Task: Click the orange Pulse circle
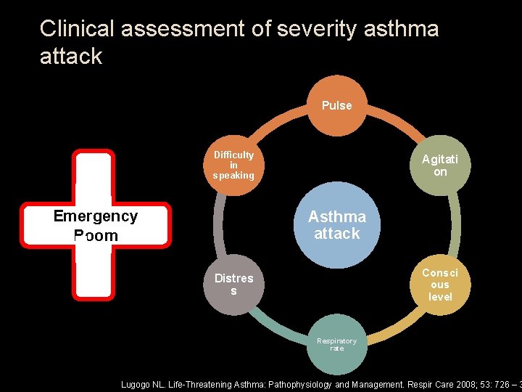[336, 105]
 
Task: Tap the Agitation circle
[440, 166]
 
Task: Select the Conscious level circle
[440, 285]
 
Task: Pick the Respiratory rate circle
[336, 344]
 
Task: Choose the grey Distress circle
[233, 285]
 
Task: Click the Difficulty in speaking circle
[233, 166]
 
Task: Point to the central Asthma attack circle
[336, 225]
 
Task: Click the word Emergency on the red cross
[96, 216]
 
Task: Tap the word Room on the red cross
[96, 235]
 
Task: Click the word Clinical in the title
[78, 29]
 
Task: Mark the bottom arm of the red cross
[94, 272]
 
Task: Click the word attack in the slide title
[71, 56]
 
